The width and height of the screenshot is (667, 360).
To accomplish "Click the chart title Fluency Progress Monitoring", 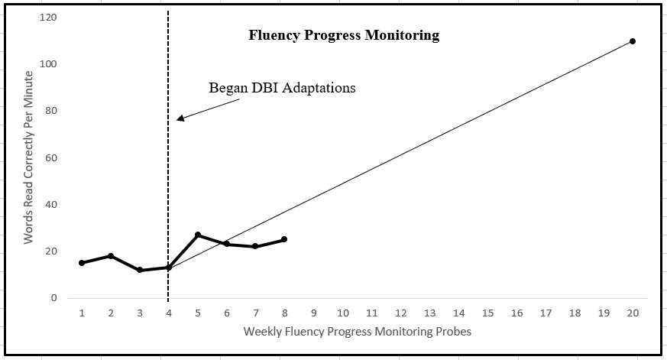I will point(344,35).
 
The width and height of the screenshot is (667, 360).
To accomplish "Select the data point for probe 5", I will point(198,235).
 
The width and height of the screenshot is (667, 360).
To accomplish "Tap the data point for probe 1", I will point(82,263).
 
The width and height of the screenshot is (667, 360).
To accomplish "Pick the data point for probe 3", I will point(140,270).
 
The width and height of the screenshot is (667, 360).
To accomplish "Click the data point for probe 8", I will point(284,239).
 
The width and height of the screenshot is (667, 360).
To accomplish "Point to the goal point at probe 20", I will point(633,41).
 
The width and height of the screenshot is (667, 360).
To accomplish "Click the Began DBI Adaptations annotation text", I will point(282,88).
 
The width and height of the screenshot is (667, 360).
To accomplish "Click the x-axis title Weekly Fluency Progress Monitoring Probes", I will point(358,332).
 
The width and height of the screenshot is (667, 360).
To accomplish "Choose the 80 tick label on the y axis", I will point(51,111).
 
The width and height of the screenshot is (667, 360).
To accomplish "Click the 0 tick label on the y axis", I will point(54,298).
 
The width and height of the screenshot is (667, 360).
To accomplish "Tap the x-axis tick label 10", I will point(342,313).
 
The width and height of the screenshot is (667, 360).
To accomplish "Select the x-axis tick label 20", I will point(633,313).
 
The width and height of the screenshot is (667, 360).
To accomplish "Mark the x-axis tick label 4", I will point(169,313).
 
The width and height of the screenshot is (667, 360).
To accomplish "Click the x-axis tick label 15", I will point(487,313).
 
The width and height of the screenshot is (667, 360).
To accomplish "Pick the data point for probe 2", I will point(111,256).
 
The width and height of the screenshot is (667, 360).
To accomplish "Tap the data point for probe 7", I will point(255,246).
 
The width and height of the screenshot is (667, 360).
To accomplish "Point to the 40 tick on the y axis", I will point(51,205).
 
